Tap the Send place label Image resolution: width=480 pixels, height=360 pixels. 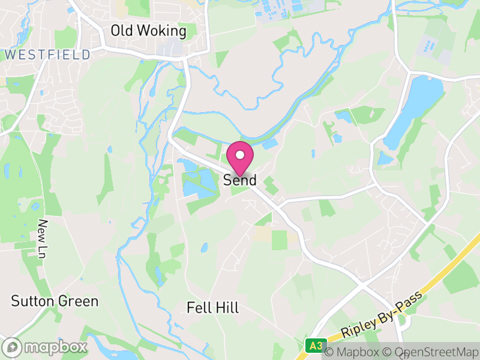click(240, 180)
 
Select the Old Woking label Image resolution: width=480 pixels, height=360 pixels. click(149, 31)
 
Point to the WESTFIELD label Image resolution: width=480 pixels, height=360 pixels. click(48, 55)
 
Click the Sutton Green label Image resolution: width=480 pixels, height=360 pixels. click(55, 301)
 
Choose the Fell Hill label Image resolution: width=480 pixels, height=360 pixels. click(213, 308)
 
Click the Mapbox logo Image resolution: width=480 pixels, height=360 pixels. click(46, 347)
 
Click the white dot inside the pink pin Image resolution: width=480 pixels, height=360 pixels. click(240, 155)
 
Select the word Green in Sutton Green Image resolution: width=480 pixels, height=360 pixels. click(79, 301)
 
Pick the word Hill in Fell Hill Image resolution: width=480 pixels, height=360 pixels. click(228, 308)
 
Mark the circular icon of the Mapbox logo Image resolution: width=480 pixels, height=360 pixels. click(13, 347)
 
